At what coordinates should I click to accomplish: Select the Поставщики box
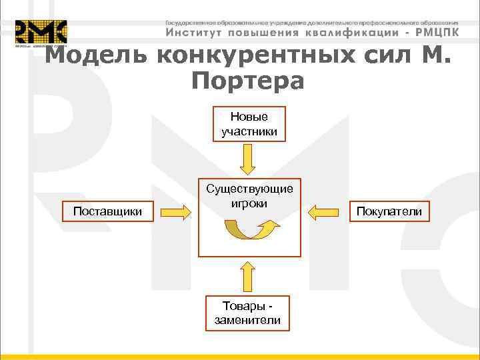click(x=107, y=211)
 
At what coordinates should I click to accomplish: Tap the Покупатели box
click(x=389, y=211)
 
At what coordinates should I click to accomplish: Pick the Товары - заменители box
click(x=247, y=313)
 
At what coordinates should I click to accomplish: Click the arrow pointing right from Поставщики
click(x=176, y=212)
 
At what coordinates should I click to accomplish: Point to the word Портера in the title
click(x=247, y=81)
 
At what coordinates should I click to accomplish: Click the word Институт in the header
click(x=195, y=32)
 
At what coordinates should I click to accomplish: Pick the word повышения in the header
click(x=264, y=32)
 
